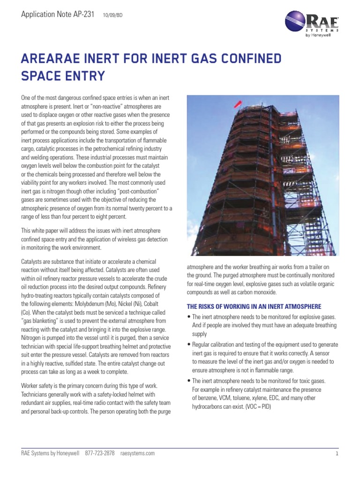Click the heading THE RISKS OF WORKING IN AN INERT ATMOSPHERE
coord(254,307)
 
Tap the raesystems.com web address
coord(137,453)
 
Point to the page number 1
coord(337,454)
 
